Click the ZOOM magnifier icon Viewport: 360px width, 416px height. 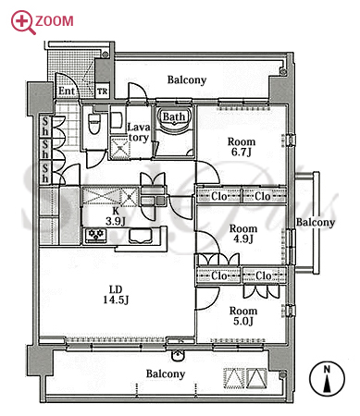pos(23,21)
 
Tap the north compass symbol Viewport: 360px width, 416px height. pos(327,379)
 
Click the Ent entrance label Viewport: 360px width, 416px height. pos(66,91)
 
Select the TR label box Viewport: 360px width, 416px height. pos(102,92)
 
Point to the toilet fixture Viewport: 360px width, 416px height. pos(94,124)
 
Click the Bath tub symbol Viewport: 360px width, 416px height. pos(174,119)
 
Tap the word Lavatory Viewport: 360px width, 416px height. pos(139,132)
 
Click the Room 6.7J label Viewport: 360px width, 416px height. pos(242,147)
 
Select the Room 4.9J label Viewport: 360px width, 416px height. pos(243,233)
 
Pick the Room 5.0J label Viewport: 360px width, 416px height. pos(243,316)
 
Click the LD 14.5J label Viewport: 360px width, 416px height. pos(116,295)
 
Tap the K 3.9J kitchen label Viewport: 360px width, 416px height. pos(116,216)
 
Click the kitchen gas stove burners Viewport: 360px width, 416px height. pos(95,235)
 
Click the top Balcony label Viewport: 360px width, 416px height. pos(187,80)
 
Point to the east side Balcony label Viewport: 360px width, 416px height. pos(316,223)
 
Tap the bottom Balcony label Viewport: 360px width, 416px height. pos(166,374)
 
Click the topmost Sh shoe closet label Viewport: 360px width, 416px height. pos(45,127)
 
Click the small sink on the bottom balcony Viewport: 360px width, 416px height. pos(178,356)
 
